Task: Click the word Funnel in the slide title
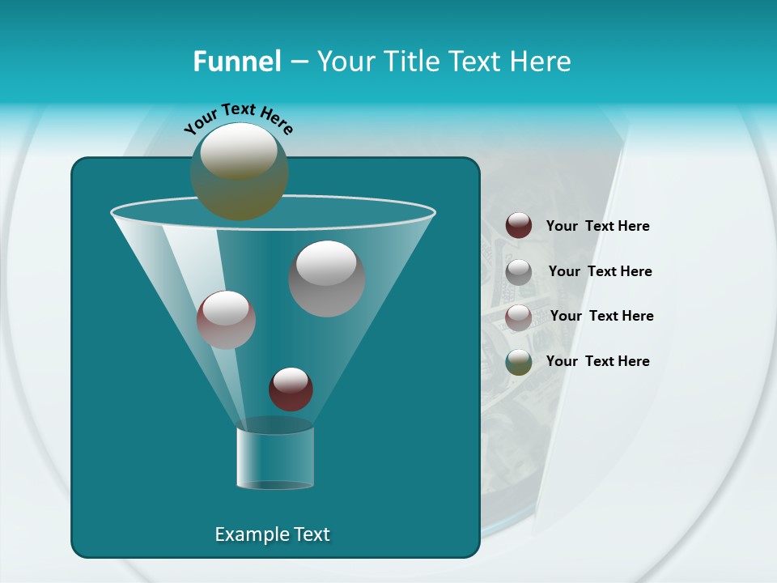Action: pos(236,62)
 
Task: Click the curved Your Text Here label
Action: pos(238,117)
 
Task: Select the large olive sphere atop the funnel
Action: pos(240,172)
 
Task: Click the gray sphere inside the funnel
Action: pos(327,279)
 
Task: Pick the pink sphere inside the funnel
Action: pos(226,320)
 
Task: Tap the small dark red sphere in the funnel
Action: pos(291,389)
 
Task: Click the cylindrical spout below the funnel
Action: pos(275,455)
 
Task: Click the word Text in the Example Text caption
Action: pos(309,534)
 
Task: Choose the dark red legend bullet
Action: pos(519,225)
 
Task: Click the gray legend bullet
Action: pos(519,271)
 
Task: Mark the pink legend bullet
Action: pos(519,317)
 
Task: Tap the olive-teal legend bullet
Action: pos(519,361)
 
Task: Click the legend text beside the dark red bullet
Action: pos(597,226)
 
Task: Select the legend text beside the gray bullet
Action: pos(600,271)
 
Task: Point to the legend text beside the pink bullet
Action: pos(601,316)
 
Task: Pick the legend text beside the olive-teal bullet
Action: pos(597,361)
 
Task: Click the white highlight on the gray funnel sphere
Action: pos(326,262)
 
